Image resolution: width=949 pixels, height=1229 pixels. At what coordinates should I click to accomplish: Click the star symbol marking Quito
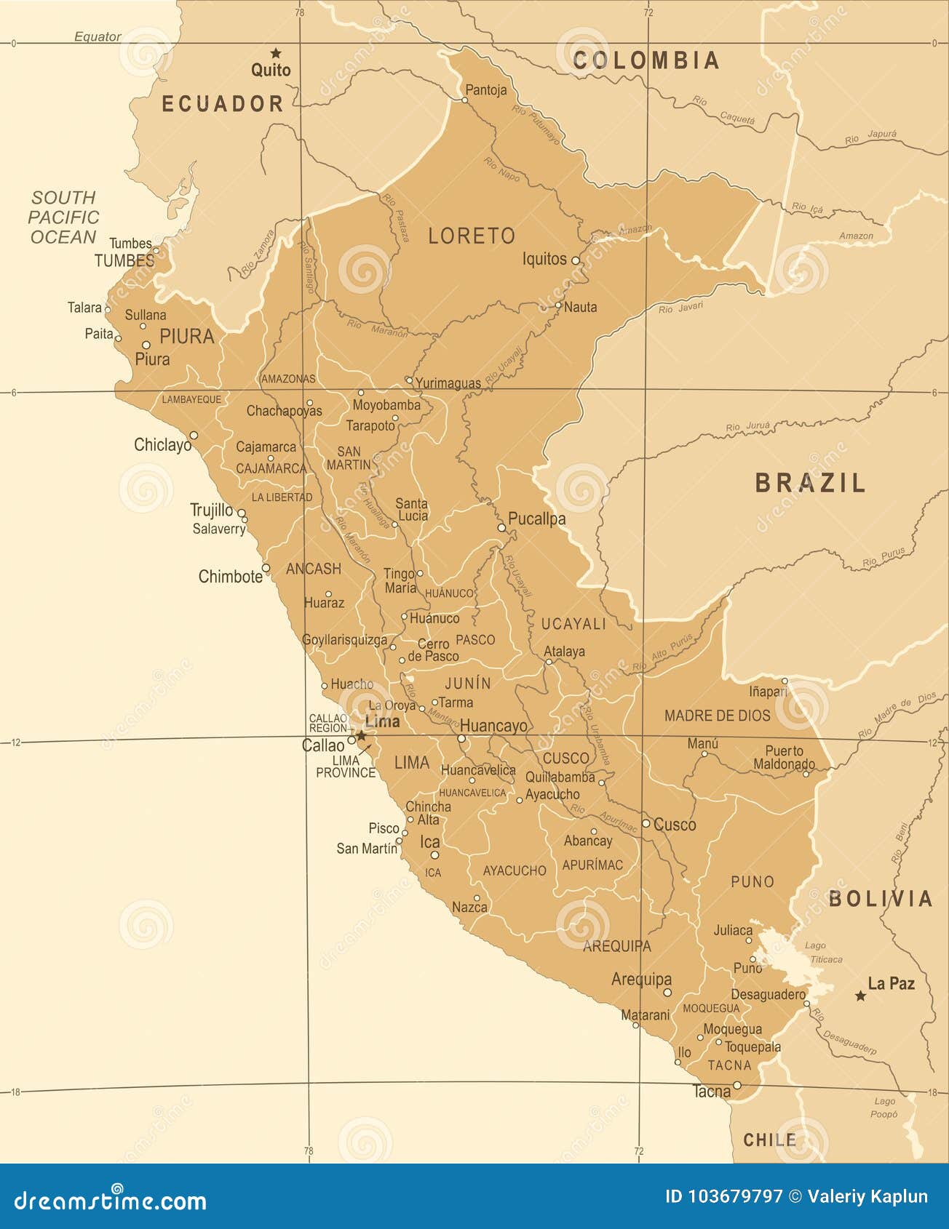pos(276,53)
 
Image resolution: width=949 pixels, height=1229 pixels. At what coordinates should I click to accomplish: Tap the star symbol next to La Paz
pos(860,996)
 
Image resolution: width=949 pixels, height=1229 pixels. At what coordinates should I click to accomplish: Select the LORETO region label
pos(472,236)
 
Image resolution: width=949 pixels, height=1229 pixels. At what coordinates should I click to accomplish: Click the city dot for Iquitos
pos(575,260)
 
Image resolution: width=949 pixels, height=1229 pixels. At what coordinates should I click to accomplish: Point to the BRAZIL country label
pos(811,483)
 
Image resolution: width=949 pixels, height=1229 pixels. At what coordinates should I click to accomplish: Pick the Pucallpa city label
pos(536,519)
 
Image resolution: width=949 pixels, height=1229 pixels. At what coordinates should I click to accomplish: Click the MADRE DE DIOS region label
pos(717,716)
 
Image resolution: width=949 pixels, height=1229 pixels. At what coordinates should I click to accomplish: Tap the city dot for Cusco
pos(646,823)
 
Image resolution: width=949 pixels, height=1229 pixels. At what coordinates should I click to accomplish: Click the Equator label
pos(98,36)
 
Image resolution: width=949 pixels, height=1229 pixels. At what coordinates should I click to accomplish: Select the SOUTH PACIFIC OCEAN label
pos(63,217)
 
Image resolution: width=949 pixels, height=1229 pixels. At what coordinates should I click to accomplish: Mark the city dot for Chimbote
pos(266,568)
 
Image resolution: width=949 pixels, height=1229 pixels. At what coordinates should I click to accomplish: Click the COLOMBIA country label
pos(646,60)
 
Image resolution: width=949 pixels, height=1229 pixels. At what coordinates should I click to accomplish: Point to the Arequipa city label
pos(641,979)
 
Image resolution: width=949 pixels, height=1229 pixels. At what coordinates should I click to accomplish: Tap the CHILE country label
pos(769,1140)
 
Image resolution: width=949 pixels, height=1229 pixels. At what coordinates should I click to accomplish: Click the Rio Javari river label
pos(681,308)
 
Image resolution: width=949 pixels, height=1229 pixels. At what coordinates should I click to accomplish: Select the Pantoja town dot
pos(465,100)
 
